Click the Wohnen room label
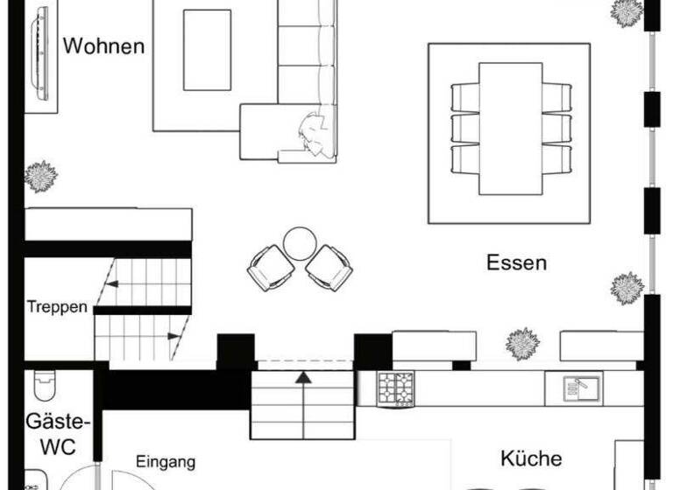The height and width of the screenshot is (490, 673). click(103, 45)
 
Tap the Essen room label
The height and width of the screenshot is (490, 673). click(516, 262)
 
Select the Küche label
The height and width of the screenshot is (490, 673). click(531, 458)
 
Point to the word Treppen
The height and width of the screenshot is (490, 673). click(57, 306)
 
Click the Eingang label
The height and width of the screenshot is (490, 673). click(165, 462)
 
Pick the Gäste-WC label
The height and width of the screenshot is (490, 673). click(51, 432)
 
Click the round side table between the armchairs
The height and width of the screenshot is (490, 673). click(300, 243)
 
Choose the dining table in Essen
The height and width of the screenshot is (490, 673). click(511, 128)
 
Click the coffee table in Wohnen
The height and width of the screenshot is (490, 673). click(207, 50)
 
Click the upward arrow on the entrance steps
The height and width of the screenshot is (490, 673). click(303, 378)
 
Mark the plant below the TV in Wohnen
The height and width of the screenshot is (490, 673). click(40, 177)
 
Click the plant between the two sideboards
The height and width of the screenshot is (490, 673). click(522, 344)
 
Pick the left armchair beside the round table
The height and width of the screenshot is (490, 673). click(270, 267)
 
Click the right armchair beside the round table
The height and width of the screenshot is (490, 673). click(329, 267)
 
